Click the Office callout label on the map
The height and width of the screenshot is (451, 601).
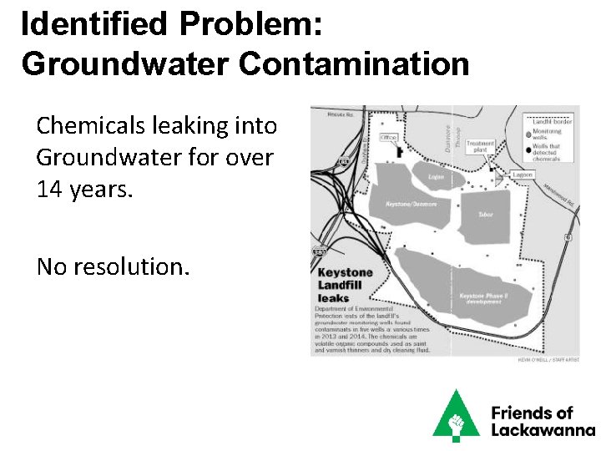tap(388, 137)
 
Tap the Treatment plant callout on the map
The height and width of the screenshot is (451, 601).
tap(481, 145)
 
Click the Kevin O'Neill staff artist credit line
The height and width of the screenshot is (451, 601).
tap(548, 358)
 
